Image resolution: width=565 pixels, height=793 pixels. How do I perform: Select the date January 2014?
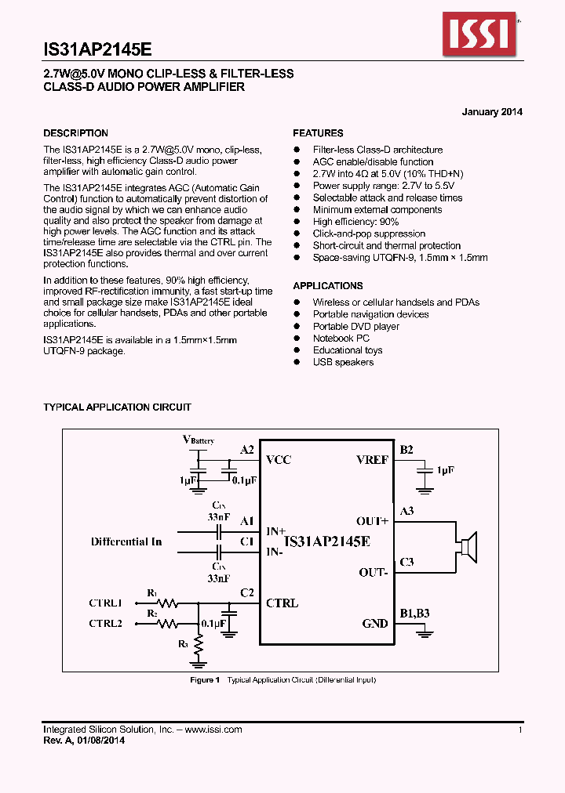point(492,112)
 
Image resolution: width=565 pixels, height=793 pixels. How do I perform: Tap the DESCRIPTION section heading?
point(75,133)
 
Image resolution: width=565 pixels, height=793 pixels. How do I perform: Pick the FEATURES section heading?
point(318,133)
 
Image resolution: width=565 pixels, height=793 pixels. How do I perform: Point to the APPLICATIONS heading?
point(328,286)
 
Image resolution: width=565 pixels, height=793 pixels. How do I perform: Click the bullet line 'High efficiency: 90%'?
point(355,222)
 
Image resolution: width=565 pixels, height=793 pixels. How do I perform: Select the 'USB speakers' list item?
point(343,362)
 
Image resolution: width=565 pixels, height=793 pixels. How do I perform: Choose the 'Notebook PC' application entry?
point(341,339)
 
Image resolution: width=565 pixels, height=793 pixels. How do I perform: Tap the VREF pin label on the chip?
point(372,460)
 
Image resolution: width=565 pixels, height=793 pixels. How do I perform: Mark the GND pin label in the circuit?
point(374,624)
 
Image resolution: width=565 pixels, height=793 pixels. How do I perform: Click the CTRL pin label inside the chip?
point(282,603)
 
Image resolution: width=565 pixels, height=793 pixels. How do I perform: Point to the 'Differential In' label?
point(126,541)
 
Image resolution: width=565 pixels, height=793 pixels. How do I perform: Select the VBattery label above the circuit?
point(198,440)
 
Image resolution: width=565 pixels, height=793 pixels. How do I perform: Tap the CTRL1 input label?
point(105,603)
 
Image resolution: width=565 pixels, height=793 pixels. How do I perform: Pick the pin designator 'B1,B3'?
point(414,614)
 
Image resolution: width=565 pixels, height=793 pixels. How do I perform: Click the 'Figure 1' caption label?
point(205,679)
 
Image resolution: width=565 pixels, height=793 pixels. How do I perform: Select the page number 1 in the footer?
point(520,730)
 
